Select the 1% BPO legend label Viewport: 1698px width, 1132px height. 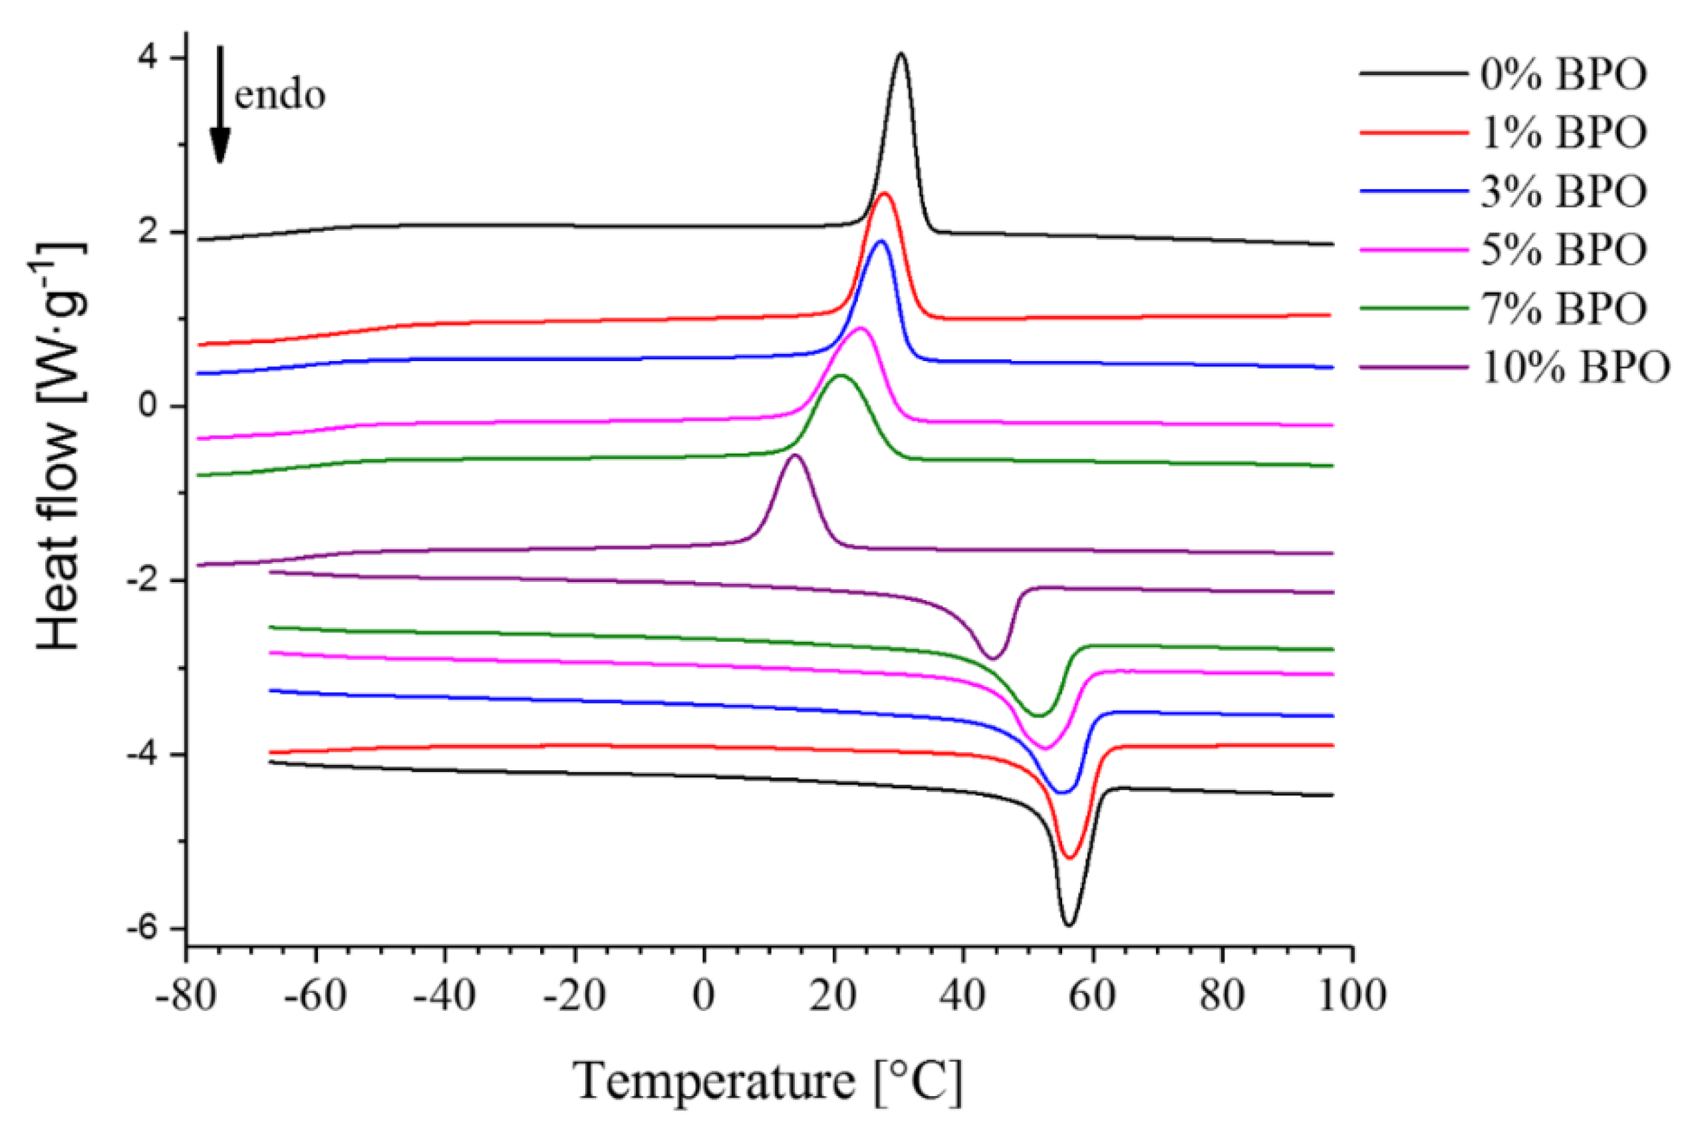click(1564, 133)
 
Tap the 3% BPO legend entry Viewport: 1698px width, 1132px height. click(1564, 192)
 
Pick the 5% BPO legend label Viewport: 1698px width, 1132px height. click(1564, 250)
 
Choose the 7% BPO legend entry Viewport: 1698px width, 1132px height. click(1564, 308)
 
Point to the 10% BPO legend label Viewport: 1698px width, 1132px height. click(1575, 367)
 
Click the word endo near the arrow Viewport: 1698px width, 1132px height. click(280, 95)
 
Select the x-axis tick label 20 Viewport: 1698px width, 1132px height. click(834, 996)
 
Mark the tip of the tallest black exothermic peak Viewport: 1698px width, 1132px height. click(901, 53)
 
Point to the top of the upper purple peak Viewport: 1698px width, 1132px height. click(795, 455)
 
